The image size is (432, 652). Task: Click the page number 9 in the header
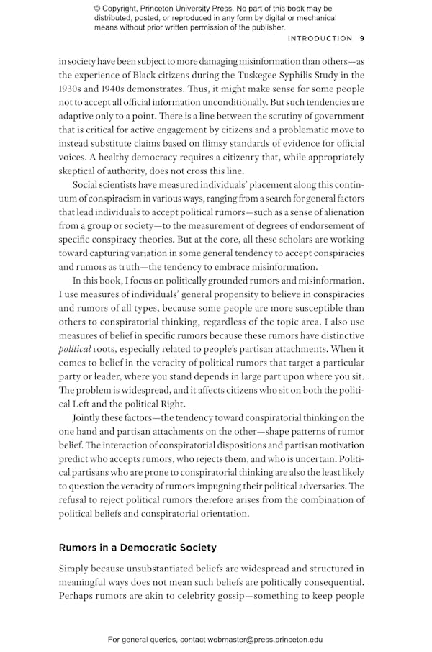point(362,39)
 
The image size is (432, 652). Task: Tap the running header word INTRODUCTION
point(320,39)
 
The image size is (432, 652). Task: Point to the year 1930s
point(72,89)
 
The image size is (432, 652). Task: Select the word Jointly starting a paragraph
point(89,418)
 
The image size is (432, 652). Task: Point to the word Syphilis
point(297,76)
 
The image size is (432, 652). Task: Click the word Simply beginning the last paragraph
point(76,569)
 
